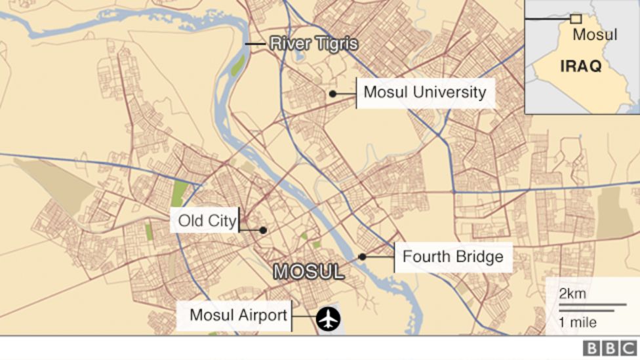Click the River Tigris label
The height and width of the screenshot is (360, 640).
(x=314, y=44)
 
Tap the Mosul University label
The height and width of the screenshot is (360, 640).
(x=425, y=92)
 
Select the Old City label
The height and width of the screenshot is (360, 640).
(x=207, y=221)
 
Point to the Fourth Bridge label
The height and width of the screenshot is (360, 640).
(x=452, y=256)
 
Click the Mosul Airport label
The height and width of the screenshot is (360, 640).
(x=238, y=315)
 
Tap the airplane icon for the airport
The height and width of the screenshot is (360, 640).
(x=328, y=319)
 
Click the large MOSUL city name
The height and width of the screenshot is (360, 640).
(x=308, y=271)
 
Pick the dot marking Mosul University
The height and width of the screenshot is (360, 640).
(x=332, y=94)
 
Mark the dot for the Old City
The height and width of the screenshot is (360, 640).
(x=262, y=230)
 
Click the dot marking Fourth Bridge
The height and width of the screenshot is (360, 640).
(x=362, y=257)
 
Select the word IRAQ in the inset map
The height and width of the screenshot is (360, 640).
(x=580, y=66)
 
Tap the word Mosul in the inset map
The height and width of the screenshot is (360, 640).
(x=595, y=35)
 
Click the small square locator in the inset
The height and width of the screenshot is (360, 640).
(x=576, y=19)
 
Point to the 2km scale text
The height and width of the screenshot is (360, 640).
(x=572, y=294)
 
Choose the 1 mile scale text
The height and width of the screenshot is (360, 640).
(x=578, y=322)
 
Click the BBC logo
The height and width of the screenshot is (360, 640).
(x=609, y=348)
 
